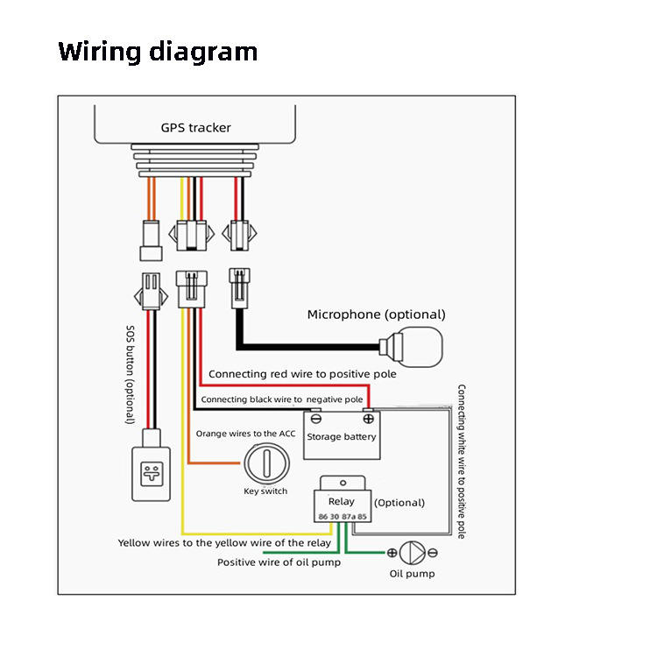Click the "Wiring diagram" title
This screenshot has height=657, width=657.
158,52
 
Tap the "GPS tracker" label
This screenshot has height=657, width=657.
195,128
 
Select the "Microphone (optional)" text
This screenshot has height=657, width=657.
376,314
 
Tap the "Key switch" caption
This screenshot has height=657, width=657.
265,491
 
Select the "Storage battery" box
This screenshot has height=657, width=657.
342,435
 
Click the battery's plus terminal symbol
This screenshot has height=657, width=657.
368,420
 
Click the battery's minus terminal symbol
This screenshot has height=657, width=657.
314,420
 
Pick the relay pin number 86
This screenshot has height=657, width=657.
323,517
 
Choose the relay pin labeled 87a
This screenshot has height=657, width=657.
348,517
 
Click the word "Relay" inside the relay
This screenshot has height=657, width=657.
341,501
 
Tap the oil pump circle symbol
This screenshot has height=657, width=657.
412,552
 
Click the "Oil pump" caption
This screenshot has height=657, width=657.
412,574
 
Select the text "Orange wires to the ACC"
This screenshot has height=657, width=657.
247,433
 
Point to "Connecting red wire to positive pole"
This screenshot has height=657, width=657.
302,374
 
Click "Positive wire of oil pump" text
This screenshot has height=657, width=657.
279,562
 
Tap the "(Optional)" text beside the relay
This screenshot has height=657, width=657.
399,503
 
